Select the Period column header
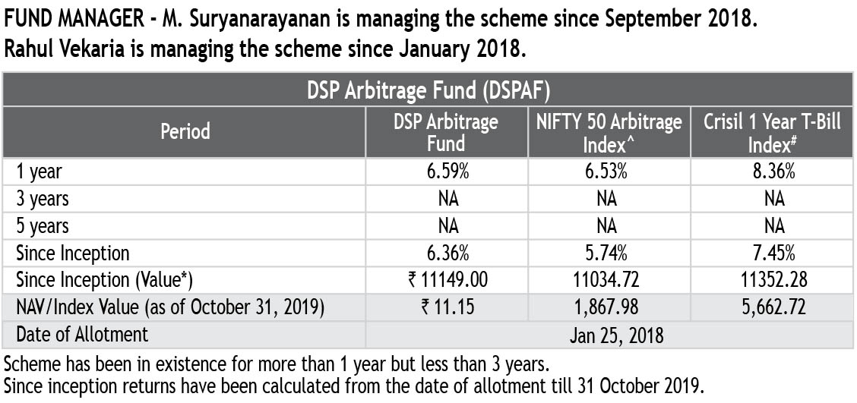tap(185, 131)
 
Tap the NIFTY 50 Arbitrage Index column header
tap(609, 132)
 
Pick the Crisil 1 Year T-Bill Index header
tap(772, 132)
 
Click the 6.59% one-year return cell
tap(446, 172)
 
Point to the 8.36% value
tap(772, 172)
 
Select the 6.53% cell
tap(609, 172)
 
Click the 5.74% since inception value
tap(609, 253)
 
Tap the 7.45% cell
tap(772, 253)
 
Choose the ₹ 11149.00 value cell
tap(446, 280)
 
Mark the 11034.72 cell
tap(609, 280)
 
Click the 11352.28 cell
tap(772, 280)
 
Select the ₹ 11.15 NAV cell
tap(446, 307)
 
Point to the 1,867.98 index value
tap(609, 307)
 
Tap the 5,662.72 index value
tap(772, 307)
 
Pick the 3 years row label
tap(43, 199)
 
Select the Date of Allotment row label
tap(82, 334)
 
